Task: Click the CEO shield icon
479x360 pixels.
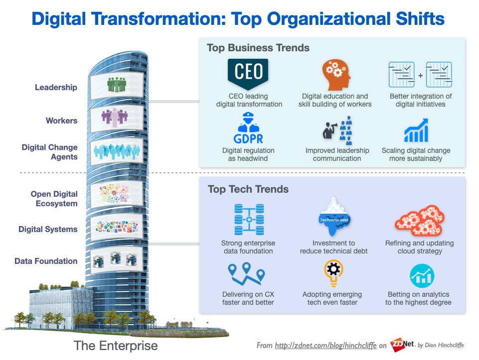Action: [248, 73]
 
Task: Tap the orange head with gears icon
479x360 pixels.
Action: [334, 74]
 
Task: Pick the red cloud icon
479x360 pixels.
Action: [420, 220]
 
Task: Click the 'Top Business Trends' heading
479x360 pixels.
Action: [258, 48]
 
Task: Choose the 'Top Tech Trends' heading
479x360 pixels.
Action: [248, 189]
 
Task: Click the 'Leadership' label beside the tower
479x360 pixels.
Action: [56, 88]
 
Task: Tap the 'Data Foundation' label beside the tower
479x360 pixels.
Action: [46, 261]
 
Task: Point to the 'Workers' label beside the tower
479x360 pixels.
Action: [61, 120]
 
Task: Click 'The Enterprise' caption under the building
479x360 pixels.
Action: [115, 346]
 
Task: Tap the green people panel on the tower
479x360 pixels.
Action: [117, 83]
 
